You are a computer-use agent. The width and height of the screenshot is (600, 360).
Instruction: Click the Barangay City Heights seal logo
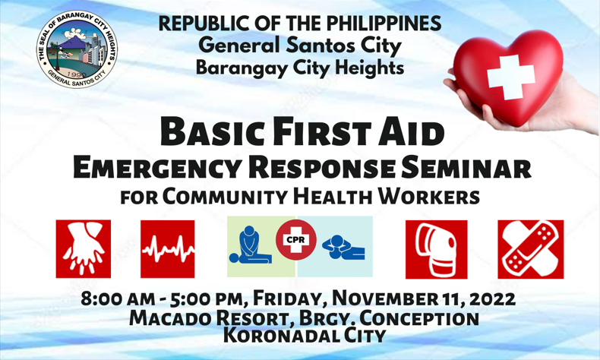pyautogui.click(x=77, y=49)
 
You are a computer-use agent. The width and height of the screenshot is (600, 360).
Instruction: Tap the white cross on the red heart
pyautogui.click(x=511, y=77)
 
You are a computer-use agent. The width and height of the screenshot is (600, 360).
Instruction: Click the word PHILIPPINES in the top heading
pyautogui.click(x=384, y=24)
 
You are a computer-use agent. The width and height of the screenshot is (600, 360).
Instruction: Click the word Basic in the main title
pyautogui.click(x=213, y=131)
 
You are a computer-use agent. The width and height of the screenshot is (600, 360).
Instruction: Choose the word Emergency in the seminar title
pyautogui.click(x=157, y=168)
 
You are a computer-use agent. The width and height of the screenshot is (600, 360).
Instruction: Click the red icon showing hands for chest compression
pyautogui.click(x=84, y=248)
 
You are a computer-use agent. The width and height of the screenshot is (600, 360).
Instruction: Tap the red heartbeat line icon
pyautogui.click(x=168, y=249)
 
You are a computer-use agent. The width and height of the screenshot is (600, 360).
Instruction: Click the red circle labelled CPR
pyautogui.click(x=295, y=240)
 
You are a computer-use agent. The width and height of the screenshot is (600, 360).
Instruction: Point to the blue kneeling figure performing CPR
pyautogui.click(x=250, y=245)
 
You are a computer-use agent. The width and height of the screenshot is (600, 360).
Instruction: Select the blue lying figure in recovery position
pyautogui.click(x=343, y=248)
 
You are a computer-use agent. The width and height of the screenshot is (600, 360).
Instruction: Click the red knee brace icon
pyautogui.click(x=436, y=249)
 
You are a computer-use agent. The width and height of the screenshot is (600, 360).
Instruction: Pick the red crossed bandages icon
pyautogui.click(x=530, y=249)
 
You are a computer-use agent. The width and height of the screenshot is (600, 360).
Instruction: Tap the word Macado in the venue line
pyautogui.click(x=170, y=318)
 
